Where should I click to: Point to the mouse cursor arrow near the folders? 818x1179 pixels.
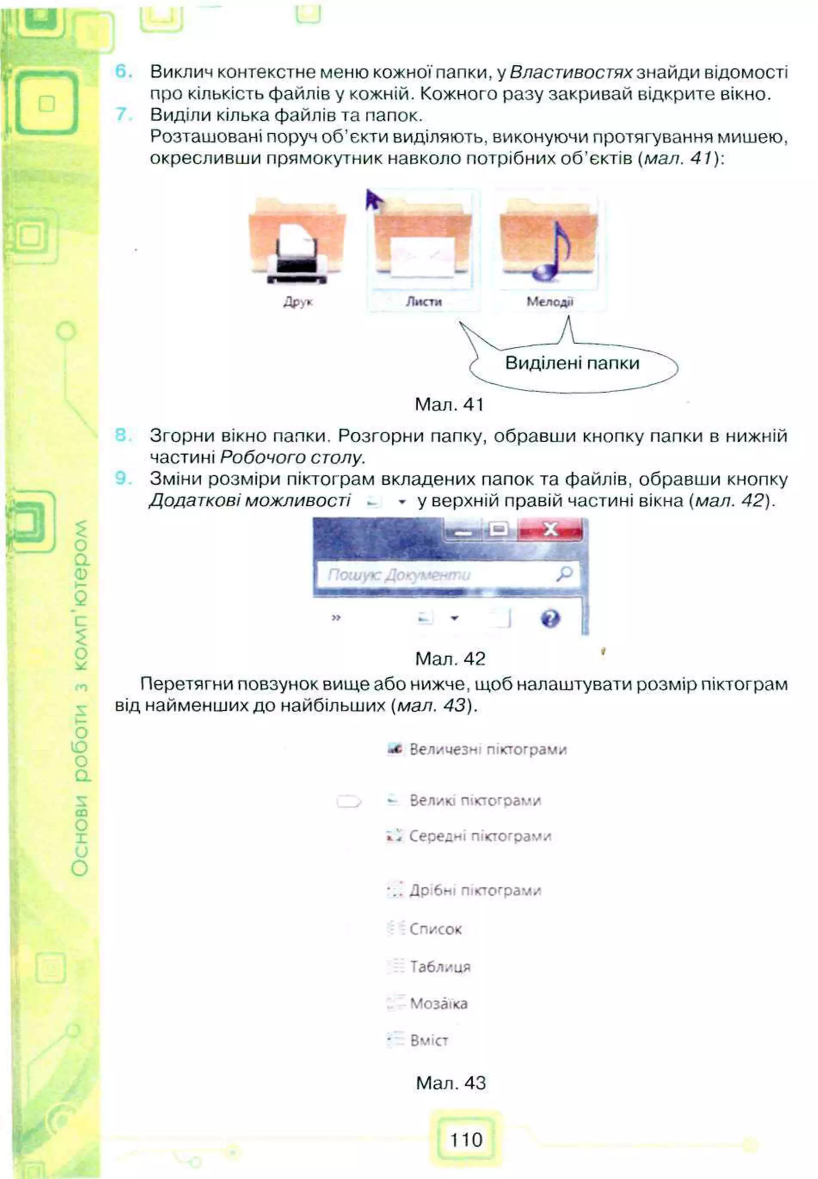coord(373,200)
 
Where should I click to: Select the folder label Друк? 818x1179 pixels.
coord(298,302)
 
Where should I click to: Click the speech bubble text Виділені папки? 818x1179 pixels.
coord(572,363)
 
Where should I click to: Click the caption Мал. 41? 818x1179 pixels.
coord(449,405)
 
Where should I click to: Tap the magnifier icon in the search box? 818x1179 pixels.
coord(564,573)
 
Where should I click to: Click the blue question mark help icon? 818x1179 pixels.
coord(550,618)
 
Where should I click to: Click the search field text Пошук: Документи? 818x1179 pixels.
coord(399,575)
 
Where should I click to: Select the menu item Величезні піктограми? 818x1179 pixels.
coord(487,750)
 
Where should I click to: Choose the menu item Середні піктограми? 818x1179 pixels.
coord(480,836)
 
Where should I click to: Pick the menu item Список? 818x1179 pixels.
coord(435,929)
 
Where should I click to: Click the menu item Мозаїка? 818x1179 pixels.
coord(438,1003)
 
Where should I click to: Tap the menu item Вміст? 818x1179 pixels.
coord(429,1040)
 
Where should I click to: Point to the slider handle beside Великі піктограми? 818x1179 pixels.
coord(349,801)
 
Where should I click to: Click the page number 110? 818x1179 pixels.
coord(466,1140)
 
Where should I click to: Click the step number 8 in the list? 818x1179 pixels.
coord(122,436)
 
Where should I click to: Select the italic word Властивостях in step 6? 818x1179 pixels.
coord(572,72)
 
